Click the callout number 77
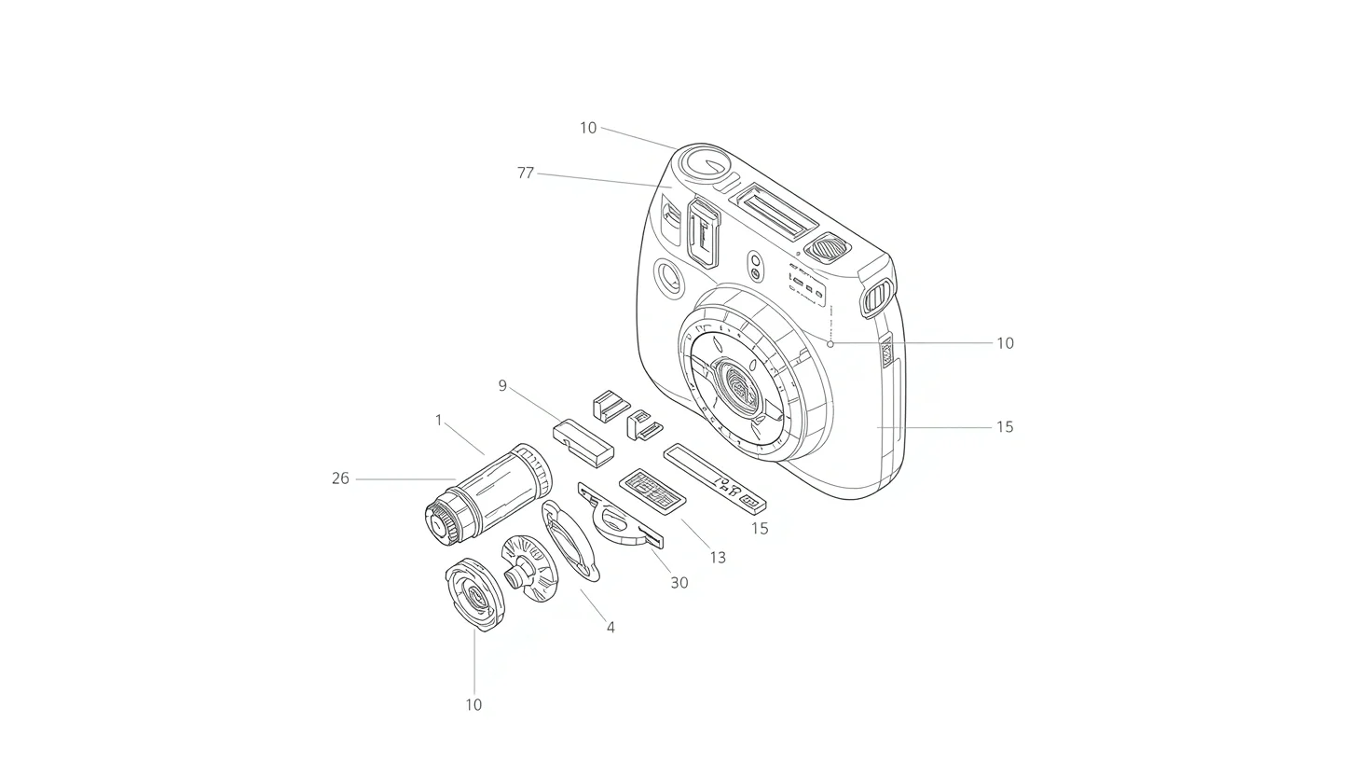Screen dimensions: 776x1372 coord(526,173)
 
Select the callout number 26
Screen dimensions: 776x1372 coord(340,478)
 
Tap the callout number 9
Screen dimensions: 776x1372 coord(502,385)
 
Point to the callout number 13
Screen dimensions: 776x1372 coord(717,558)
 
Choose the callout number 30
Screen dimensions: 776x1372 coord(679,583)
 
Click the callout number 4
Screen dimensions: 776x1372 coord(611,628)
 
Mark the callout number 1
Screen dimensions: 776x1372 coord(439,421)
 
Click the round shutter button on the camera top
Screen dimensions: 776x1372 coord(704,164)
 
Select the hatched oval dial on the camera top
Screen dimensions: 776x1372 coord(828,248)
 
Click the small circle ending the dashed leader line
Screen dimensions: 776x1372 coord(830,343)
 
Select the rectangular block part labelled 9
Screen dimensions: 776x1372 coord(583,441)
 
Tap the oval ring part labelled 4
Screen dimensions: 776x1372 coord(570,540)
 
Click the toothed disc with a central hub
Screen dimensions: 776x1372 coord(528,567)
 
